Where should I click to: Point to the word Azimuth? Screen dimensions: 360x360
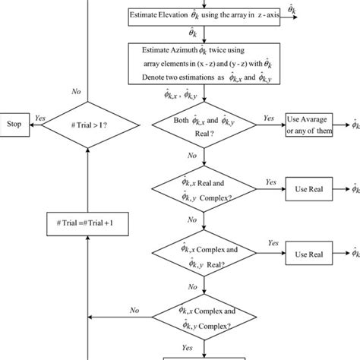(182, 49)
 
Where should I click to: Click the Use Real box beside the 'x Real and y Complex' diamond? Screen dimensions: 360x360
(309, 188)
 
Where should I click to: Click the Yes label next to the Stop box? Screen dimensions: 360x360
(40, 118)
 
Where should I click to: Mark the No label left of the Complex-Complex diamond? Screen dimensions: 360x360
(134, 310)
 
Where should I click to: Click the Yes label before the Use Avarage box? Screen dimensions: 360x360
(268, 118)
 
